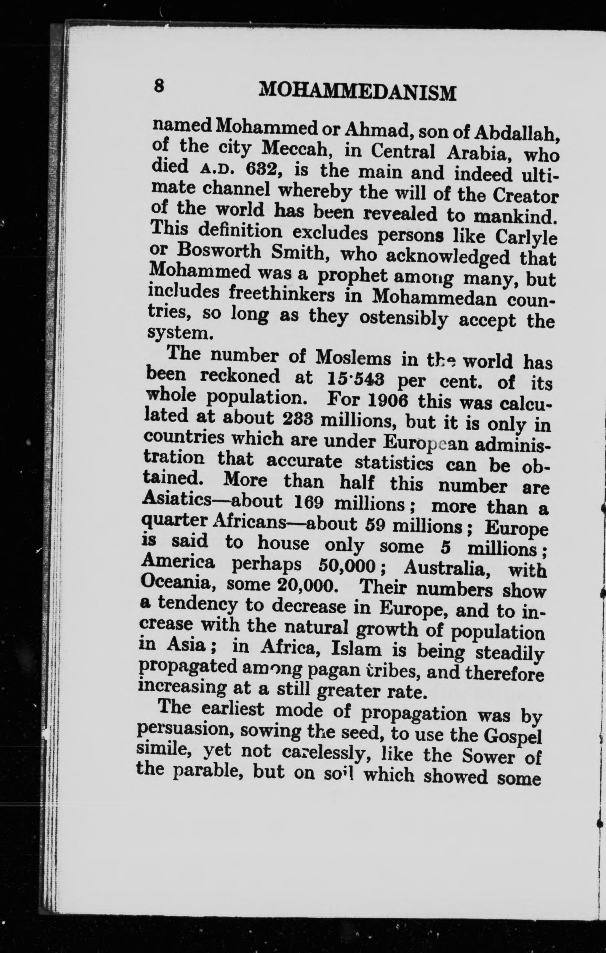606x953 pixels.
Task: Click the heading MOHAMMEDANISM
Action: pos(357,92)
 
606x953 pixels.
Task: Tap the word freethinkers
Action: pos(282,295)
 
